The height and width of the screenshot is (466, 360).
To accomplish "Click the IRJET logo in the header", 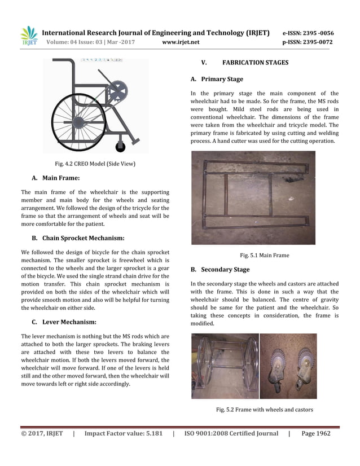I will pos(29,36).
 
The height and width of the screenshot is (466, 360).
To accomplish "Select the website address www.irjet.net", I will pos(181,42).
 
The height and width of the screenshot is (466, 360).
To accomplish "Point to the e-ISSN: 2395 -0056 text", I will pos(308,33).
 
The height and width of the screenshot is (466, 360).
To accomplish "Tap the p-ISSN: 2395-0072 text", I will pos(308,42).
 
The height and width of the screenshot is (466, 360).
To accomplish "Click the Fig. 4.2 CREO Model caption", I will pos(95,164).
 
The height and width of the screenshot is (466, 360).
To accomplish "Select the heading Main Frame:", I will pos(61,178).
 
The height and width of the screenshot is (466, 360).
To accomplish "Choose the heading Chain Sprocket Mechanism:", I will pos(84,238).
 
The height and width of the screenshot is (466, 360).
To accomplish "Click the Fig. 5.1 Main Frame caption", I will pos(264,255).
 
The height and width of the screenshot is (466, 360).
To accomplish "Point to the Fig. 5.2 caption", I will pos(264,410).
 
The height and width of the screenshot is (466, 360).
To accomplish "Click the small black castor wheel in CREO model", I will pos(120,147).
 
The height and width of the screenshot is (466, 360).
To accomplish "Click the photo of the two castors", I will pos(288,366).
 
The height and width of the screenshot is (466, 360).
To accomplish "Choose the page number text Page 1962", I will pos(316,433).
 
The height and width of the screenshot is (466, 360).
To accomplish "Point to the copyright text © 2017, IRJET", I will pos(42,433).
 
